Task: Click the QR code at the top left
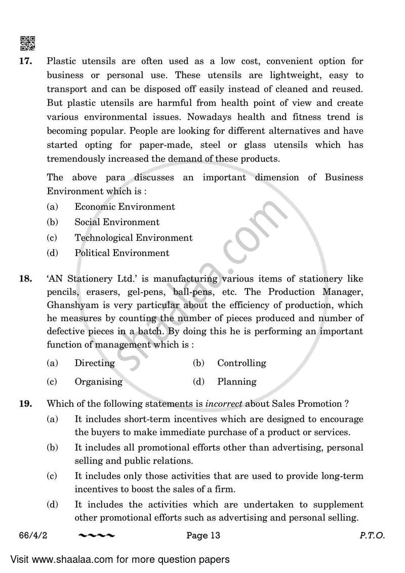tap(27, 44)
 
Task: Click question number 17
tap(26, 61)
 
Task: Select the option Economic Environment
tap(125, 207)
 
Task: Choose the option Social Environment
tap(117, 222)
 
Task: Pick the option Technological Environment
tap(134, 238)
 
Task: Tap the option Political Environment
tap(122, 253)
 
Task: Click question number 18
tap(26, 278)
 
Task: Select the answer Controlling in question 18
tap(241, 363)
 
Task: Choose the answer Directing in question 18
tap(95, 363)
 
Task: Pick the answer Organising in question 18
tap(99, 381)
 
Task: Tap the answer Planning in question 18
tap(237, 381)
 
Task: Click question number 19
tap(26, 404)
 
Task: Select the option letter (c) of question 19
tap(52, 476)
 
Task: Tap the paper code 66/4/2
tap(31, 536)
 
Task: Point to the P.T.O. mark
tap(373, 536)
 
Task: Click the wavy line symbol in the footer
tap(97, 536)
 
